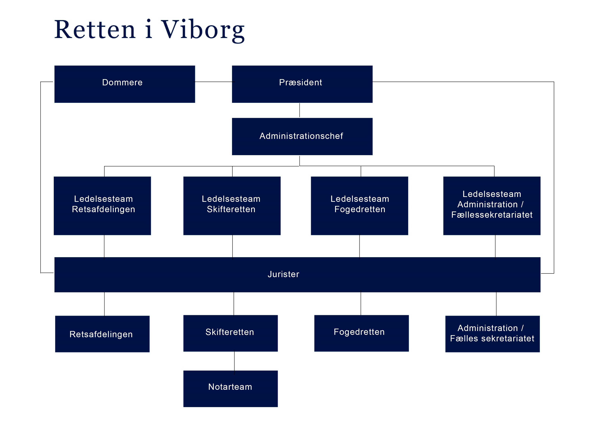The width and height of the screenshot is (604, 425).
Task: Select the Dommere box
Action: tap(124, 84)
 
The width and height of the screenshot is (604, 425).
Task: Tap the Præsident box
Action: tap(302, 84)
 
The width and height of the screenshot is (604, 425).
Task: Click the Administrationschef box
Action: tap(302, 136)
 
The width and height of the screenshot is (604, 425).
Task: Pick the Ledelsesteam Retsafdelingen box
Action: tap(102, 206)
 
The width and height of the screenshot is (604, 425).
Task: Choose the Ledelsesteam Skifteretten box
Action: tap(232, 206)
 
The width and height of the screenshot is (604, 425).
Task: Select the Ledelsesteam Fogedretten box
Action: tap(359, 206)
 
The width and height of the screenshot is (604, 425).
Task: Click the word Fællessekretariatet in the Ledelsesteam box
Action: tap(492, 215)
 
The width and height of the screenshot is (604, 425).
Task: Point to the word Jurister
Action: tap(283, 274)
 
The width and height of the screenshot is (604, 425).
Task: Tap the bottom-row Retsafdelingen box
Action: tap(102, 334)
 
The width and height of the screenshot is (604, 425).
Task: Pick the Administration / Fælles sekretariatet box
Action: tap(492, 334)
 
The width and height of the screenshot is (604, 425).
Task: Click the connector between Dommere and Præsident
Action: tap(213, 82)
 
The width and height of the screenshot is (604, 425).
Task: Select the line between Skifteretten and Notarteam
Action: tap(234, 361)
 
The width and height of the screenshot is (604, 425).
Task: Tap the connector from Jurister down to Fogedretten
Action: tap(361, 304)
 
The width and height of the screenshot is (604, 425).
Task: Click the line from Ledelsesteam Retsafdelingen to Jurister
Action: tap(104, 246)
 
